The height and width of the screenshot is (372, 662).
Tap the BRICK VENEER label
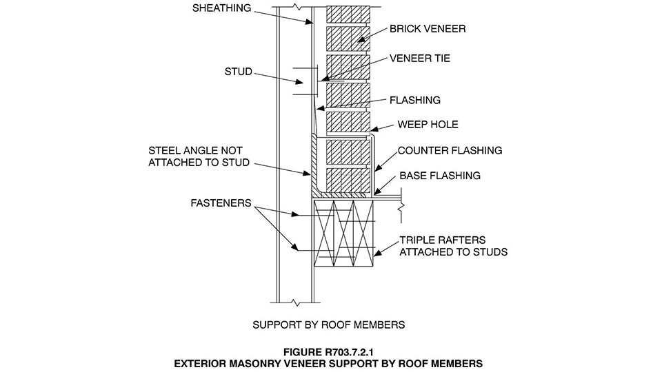coord(428,29)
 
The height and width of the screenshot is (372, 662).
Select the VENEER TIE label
coord(420,59)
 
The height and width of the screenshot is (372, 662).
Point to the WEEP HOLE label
coord(428,125)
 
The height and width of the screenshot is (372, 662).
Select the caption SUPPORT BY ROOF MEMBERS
coord(328,324)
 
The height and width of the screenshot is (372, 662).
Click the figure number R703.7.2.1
coord(349,349)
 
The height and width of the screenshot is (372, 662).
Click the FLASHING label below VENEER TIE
coord(414,100)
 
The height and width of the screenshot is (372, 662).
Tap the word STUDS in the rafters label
coord(489,252)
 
